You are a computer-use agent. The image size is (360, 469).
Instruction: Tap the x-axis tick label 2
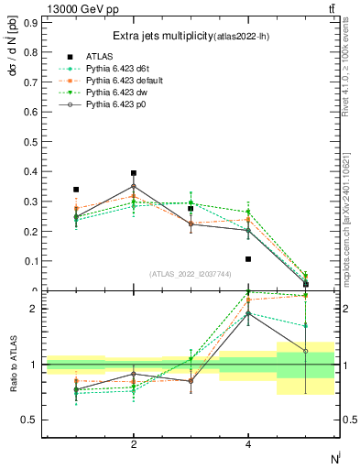click(x=134, y=444)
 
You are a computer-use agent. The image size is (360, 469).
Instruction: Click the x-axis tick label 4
click(x=248, y=444)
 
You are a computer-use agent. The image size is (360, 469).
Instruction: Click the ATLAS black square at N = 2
click(x=134, y=173)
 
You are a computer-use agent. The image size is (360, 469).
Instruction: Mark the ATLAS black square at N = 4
click(x=248, y=259)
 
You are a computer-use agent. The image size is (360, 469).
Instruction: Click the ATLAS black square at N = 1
click(x=76, y=190)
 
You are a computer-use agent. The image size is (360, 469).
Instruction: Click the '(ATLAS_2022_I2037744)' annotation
click(x=191, y=274)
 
